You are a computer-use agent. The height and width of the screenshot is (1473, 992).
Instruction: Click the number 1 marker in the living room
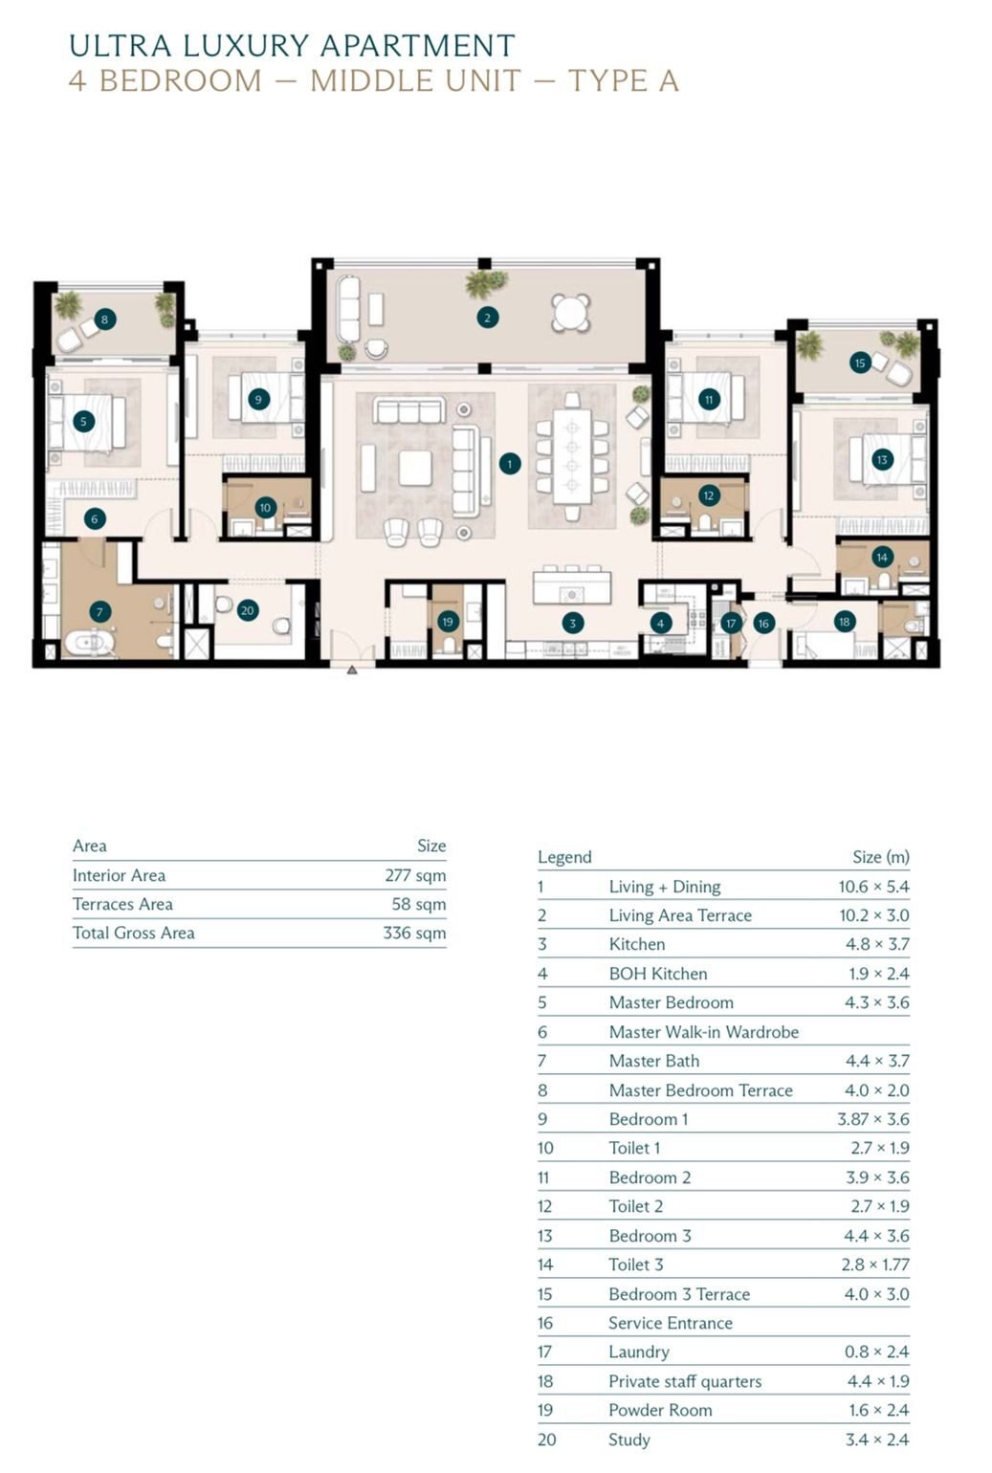point(509,464)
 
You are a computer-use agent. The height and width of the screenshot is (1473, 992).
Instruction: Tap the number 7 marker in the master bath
point(100,612)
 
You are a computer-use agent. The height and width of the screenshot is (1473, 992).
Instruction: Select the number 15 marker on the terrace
point(860,363)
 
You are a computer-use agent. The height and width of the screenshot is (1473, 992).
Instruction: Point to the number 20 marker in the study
point(248,610)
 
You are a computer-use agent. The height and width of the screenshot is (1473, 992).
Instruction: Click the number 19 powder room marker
point(448,622)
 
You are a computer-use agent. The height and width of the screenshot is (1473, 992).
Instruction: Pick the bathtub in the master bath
point(89,643)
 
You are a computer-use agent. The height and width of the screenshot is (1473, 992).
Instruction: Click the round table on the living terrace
point(570,313)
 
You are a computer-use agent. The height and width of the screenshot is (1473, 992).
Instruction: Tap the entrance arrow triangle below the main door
point(352,671)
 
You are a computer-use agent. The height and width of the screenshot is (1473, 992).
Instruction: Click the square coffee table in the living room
point(415,469)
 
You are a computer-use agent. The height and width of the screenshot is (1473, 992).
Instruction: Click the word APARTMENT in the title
point(417,46)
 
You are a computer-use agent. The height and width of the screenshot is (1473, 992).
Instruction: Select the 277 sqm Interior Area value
point(416,875)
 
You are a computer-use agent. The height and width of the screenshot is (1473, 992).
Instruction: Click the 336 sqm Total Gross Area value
point(414,933)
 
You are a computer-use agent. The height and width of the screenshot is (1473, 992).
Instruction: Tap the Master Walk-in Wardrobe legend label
point(704,1032)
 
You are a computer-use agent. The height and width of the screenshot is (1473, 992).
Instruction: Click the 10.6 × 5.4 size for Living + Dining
point(873,887)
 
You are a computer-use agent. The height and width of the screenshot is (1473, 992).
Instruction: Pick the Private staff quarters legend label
point(685,1381)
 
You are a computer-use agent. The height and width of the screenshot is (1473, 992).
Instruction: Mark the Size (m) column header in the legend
point(881,857)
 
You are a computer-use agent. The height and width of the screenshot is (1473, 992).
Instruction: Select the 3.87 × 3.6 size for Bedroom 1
point(873,1118)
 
